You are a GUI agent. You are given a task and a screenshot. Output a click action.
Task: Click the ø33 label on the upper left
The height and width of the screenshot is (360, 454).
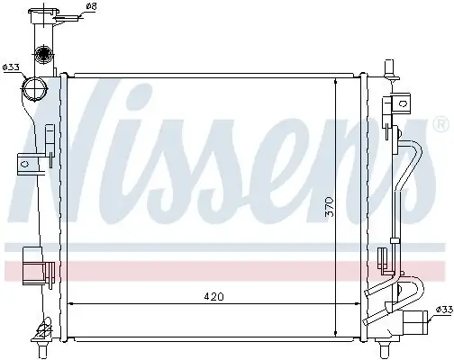coord(12,67)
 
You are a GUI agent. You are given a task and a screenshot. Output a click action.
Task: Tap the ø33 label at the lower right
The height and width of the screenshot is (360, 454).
coord(442,310)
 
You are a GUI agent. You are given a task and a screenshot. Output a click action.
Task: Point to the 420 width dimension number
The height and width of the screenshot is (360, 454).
coord(213,294)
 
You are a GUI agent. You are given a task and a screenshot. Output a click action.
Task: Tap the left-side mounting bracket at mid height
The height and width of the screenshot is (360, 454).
coord(27,164)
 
